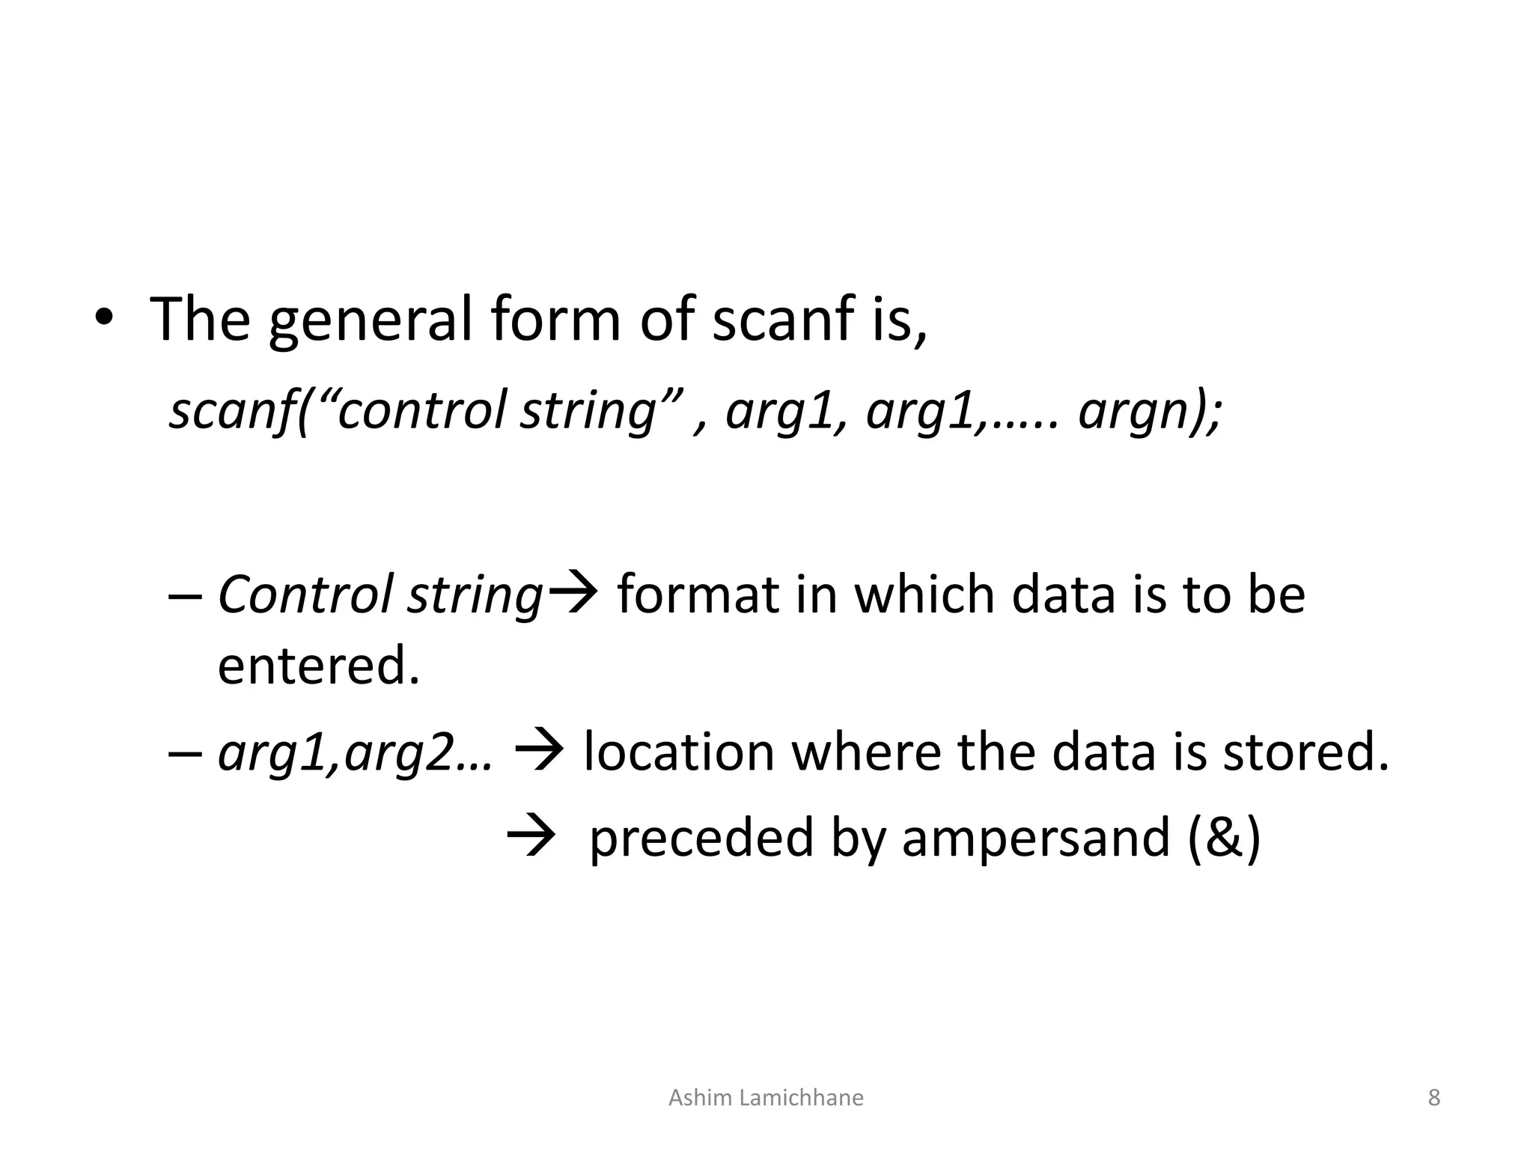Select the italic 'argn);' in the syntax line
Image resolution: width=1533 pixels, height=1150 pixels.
click(1150, 410)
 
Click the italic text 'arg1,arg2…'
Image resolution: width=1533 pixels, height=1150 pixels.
click(356, 752)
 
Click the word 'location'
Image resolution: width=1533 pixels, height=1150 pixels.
click(678, 752)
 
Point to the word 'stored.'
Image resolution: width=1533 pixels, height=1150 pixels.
click(1305, 752)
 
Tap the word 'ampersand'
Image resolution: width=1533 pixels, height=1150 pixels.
click(1035, 837)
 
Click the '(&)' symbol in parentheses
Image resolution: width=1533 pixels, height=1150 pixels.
click(1224, 837)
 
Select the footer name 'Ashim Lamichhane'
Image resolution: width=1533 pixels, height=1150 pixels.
click(765, 1098)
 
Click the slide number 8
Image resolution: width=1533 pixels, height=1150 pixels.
click(1433, 1098)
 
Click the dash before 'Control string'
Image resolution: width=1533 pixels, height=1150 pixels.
click(185, 597)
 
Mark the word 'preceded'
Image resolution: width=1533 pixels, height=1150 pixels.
click(701, 837)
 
